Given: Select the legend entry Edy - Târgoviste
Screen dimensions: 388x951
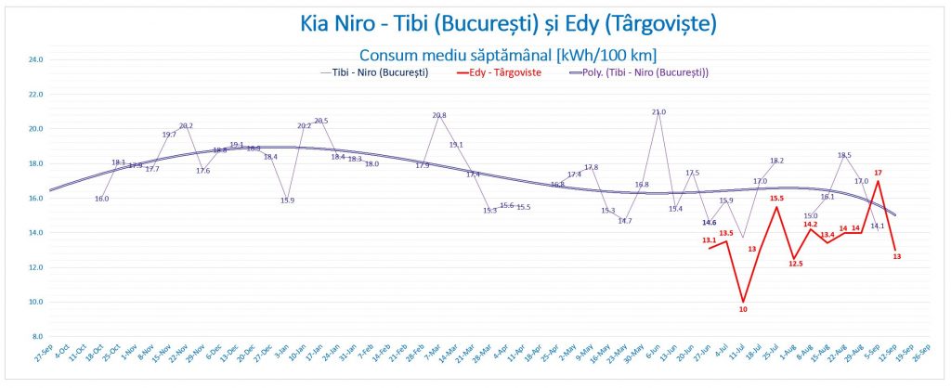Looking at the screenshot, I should (x=502, y=72).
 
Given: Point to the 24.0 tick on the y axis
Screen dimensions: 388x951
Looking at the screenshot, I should (x=36, y=59).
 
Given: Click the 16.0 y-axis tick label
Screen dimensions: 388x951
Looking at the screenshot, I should (x=36, y=198).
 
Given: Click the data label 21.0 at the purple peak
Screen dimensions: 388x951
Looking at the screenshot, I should (x=658, y=112).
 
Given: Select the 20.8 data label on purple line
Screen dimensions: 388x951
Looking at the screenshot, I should (x=439, y=116).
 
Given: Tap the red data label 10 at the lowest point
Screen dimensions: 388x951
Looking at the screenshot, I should (x=743, y=309).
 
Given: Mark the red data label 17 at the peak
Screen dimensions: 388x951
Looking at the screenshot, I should (x=878, y=173).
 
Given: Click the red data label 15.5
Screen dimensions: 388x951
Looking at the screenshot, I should (x=776, y=198).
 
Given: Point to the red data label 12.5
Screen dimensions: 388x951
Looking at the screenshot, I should (x=795, y=264).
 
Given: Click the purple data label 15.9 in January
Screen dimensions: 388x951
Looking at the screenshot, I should (x=287, y=200).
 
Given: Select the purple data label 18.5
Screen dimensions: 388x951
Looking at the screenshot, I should (x=844, y=156).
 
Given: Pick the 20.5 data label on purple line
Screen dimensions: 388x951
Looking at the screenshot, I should (x=321, y=121).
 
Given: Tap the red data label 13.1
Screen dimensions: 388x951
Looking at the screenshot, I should (x=709, y=240).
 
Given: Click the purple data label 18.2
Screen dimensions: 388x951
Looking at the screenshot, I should (x=776, y=162).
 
